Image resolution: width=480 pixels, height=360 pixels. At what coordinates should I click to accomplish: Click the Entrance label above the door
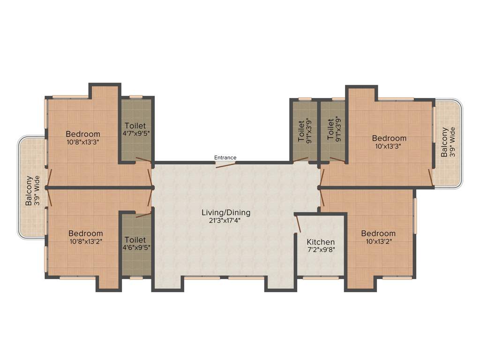click(x=225, y=157)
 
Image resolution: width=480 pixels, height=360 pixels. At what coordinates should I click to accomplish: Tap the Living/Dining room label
click(x=226, y=212)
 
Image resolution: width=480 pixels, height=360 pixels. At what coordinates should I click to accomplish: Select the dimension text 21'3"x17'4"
click(x=226, y=221)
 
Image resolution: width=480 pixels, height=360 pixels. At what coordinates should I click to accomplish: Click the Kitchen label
click(x=321, y=242)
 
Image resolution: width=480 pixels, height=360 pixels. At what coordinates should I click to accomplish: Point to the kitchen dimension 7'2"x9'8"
click(x=321, y=250)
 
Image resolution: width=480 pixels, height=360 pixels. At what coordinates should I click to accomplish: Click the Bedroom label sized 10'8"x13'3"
click(x=83, y=133)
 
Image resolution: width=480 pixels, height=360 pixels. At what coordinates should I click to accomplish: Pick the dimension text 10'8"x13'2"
click(x=86, y=241)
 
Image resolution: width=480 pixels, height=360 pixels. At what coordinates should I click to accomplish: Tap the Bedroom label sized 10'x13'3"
click(x=389, y=138)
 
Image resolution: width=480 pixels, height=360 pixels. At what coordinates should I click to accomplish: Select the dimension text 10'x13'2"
click(x=378, y=241)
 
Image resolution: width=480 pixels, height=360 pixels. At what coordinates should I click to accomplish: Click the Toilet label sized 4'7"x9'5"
click(x=135, y=126)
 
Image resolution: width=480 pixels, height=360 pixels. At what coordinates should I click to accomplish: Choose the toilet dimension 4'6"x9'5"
click(x=135, y=247)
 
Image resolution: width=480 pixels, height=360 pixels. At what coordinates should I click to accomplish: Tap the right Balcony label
click(x=444, y=142)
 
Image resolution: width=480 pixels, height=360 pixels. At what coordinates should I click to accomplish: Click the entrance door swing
click(x=225, y=164)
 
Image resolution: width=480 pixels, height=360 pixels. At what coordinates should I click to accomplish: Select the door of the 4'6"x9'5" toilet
click(x=143, y=215)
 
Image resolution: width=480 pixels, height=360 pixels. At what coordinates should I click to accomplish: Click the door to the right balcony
click(x=430, y=177)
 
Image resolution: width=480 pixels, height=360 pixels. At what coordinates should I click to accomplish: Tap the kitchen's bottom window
click(x=321, y=278)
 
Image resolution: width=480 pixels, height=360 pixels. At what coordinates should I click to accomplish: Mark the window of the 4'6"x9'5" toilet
click(x=136, y=278)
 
